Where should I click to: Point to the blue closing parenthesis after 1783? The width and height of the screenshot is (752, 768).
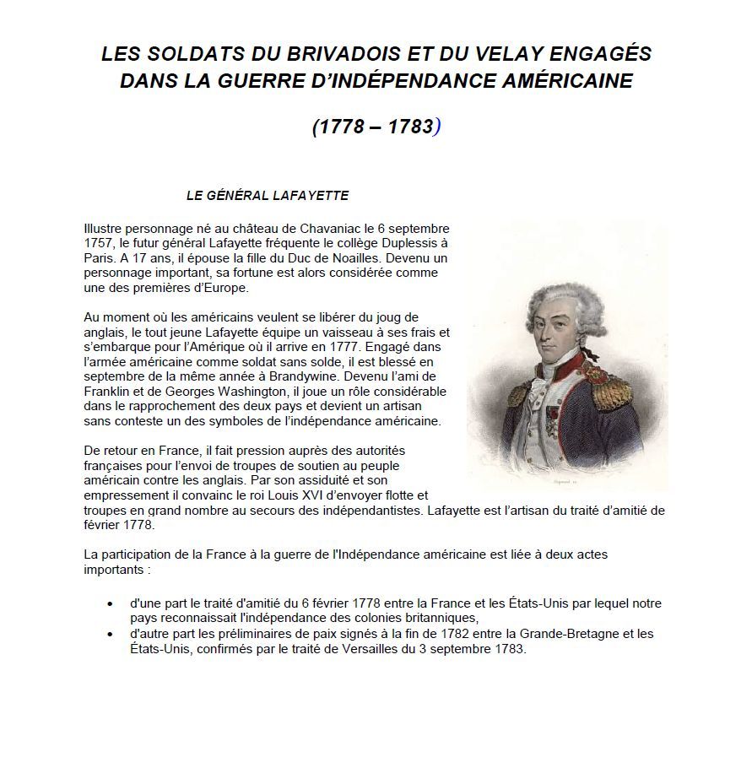pos(437,127)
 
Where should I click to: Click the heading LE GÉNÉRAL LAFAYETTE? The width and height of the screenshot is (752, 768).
pos(268,196)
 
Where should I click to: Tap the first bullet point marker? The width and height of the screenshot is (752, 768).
pos(111,604)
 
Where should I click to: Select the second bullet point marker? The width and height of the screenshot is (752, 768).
pos(111,634)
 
